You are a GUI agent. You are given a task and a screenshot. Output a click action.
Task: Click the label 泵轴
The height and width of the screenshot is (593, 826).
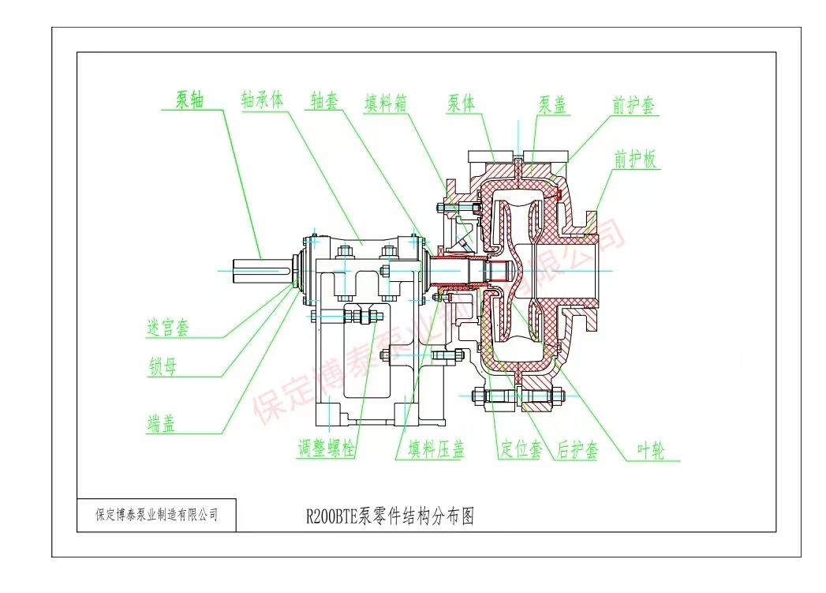[x=190, y=101]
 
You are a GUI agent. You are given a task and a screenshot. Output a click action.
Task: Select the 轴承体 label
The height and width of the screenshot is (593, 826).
[x=262, y=101]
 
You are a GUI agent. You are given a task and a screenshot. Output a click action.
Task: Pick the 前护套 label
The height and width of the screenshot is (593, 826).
[x=635, y=106]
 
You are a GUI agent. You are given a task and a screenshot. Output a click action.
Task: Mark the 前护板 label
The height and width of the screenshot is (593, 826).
[x=636, y=160]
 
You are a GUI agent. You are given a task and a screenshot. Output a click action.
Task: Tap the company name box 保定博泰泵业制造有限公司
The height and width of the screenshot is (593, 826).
[x=156, y=516]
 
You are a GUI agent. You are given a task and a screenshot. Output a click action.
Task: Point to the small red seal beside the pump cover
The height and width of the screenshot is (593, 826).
[x=557, y=192]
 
